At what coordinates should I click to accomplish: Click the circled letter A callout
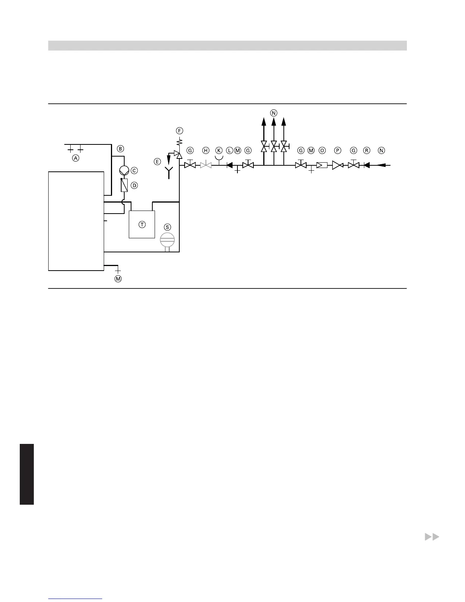point(76,158)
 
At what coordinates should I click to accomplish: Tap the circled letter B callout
point(120,149)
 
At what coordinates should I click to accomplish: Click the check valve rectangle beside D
point(124,185)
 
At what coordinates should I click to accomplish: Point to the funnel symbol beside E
point(169,170)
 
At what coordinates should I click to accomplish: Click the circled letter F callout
point(179,131)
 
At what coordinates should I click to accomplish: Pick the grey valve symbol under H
point(206,165)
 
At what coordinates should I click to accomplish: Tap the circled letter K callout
point(219,150)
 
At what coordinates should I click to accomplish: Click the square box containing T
point(142,224)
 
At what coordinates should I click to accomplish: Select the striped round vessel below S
point(167,240)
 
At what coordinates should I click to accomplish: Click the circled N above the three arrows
point(274,112)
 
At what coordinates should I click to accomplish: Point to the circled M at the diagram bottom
point(118,279)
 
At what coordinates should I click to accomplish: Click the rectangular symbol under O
point(322,165)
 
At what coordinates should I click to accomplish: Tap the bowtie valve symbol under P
point(337,165)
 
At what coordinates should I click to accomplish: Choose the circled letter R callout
point(367,150)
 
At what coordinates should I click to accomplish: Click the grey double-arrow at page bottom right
point(432,537)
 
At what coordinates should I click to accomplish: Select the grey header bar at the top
point(227,46)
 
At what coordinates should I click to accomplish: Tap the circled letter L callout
point(229,150)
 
